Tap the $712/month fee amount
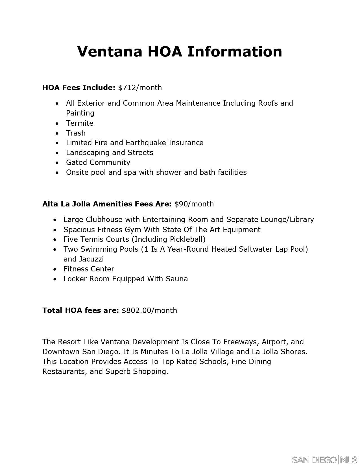[x=140, y=88]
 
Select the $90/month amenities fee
[x=194, y=204]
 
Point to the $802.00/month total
[x=149, y=310]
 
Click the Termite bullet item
[x=80, y=123]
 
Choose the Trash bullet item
[x=76, y=133]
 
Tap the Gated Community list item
[x=98, y=162]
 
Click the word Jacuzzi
[x=91, y=259]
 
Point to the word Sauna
[x=177, y=279]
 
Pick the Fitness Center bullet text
[x=89, y=269]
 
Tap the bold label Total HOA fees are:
[x=80, y=310]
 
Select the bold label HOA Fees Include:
[x=79, y=88]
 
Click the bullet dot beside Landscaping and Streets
[x=57, y=153]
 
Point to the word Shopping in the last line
[x=151, y=371]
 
